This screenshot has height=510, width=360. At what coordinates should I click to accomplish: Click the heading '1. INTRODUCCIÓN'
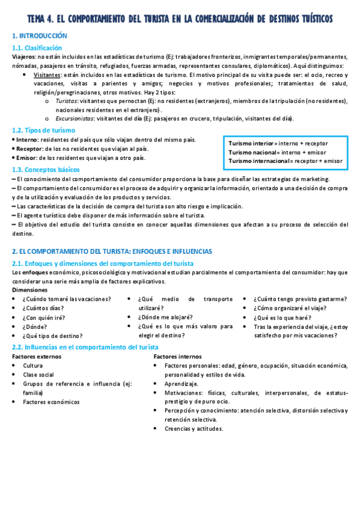point(40,36)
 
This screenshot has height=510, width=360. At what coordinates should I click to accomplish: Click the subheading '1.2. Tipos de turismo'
point(44,130)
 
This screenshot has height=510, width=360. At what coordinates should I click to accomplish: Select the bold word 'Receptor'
point(27,149)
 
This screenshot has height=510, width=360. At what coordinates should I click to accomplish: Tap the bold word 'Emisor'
point(25,158)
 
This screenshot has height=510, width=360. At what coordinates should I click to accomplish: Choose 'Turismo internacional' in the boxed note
point(258,161)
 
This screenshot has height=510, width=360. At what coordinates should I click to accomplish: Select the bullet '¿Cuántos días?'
point(45,308)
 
